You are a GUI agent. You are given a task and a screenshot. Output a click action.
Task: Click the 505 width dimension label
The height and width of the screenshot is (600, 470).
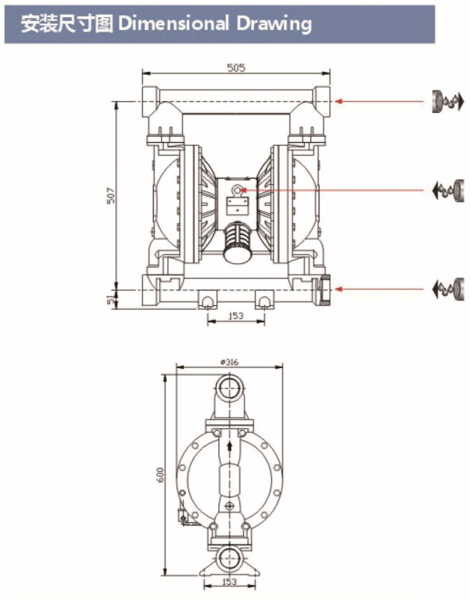pos(236,68)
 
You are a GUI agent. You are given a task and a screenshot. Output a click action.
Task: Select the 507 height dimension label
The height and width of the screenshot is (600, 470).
pos(111,195)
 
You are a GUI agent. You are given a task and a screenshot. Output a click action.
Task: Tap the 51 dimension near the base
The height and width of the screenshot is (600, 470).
pos(111,299)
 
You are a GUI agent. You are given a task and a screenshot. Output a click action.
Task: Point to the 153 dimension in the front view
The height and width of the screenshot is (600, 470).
pos(236,316)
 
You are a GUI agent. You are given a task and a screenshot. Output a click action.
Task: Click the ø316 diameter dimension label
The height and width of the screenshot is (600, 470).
pos(229,362)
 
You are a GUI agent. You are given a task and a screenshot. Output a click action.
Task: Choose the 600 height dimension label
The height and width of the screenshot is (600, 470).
pos(160,474)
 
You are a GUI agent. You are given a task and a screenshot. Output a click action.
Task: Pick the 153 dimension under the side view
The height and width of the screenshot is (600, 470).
pos(229,593)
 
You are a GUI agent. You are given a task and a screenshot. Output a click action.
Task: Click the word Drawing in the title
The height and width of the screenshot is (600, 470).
pos(273,24)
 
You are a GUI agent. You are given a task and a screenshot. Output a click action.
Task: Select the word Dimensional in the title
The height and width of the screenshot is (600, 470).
pos(173,24)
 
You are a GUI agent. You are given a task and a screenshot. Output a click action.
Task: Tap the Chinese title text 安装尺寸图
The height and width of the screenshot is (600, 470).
pos(67,24)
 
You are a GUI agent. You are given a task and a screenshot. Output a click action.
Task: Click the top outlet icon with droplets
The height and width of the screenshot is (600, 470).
pos(448,102)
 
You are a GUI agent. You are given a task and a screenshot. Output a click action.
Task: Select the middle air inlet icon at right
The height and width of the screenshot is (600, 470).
pos(448,189)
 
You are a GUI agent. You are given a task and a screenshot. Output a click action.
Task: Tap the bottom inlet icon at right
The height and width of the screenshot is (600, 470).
pos(448,289)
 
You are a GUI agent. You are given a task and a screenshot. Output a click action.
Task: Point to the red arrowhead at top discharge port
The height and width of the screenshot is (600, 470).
pos(338,102)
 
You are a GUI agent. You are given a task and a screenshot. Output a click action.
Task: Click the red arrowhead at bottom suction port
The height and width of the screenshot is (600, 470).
pos(338,289)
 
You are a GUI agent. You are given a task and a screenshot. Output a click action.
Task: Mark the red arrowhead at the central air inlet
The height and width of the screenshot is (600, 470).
pos(244,189)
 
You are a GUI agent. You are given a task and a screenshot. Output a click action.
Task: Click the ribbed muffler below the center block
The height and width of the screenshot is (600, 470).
pos(238,242)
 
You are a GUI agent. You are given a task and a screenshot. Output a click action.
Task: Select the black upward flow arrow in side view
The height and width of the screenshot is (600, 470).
pos(229,446)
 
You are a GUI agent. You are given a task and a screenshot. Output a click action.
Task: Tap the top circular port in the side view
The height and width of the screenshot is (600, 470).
pos(229,388)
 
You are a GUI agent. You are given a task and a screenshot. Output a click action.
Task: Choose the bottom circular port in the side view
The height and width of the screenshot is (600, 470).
pos(229,558)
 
